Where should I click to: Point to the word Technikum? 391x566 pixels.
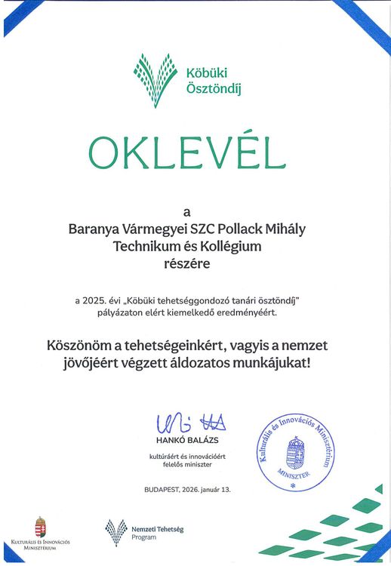(143, 246)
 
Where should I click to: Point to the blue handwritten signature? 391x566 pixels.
(190, 423)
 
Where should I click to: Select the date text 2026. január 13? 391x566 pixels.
(205, 490)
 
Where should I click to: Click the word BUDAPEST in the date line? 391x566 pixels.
(161, 490)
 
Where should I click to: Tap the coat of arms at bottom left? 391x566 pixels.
(42, 526)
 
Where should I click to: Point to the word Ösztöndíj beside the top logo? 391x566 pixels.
(207, 88)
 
